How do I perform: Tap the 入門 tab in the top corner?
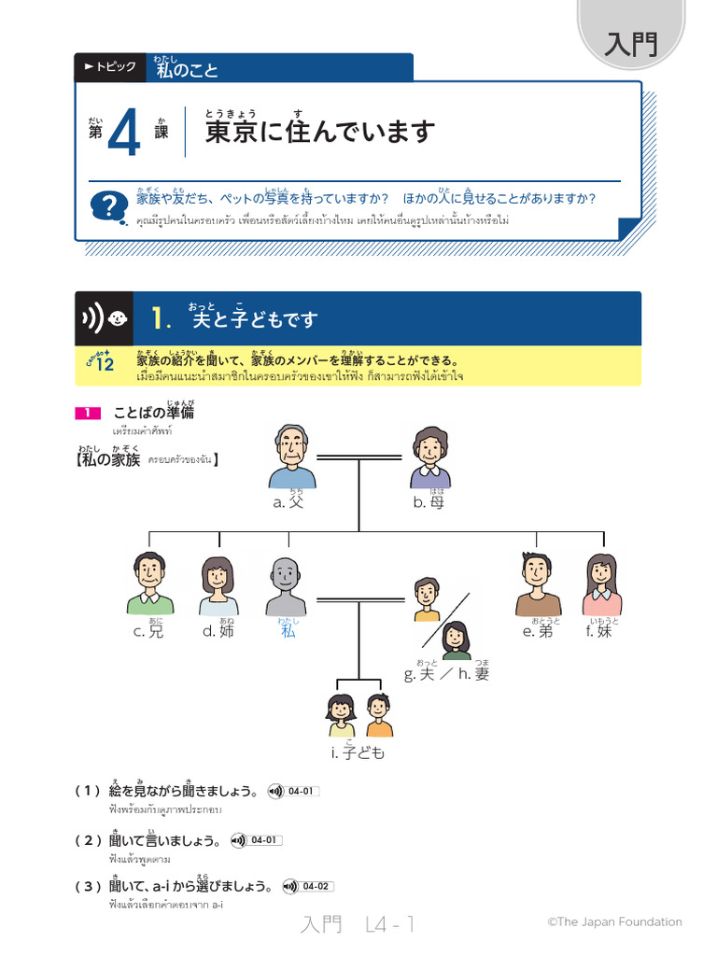631,43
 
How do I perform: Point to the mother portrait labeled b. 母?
430,457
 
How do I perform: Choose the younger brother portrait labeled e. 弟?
539,583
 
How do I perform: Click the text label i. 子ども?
358,752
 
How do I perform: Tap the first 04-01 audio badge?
293,792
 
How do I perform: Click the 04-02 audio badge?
308,887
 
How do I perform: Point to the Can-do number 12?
104,364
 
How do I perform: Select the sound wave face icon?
104,319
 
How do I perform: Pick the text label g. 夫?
419,674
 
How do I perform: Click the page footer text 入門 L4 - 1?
358,924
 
